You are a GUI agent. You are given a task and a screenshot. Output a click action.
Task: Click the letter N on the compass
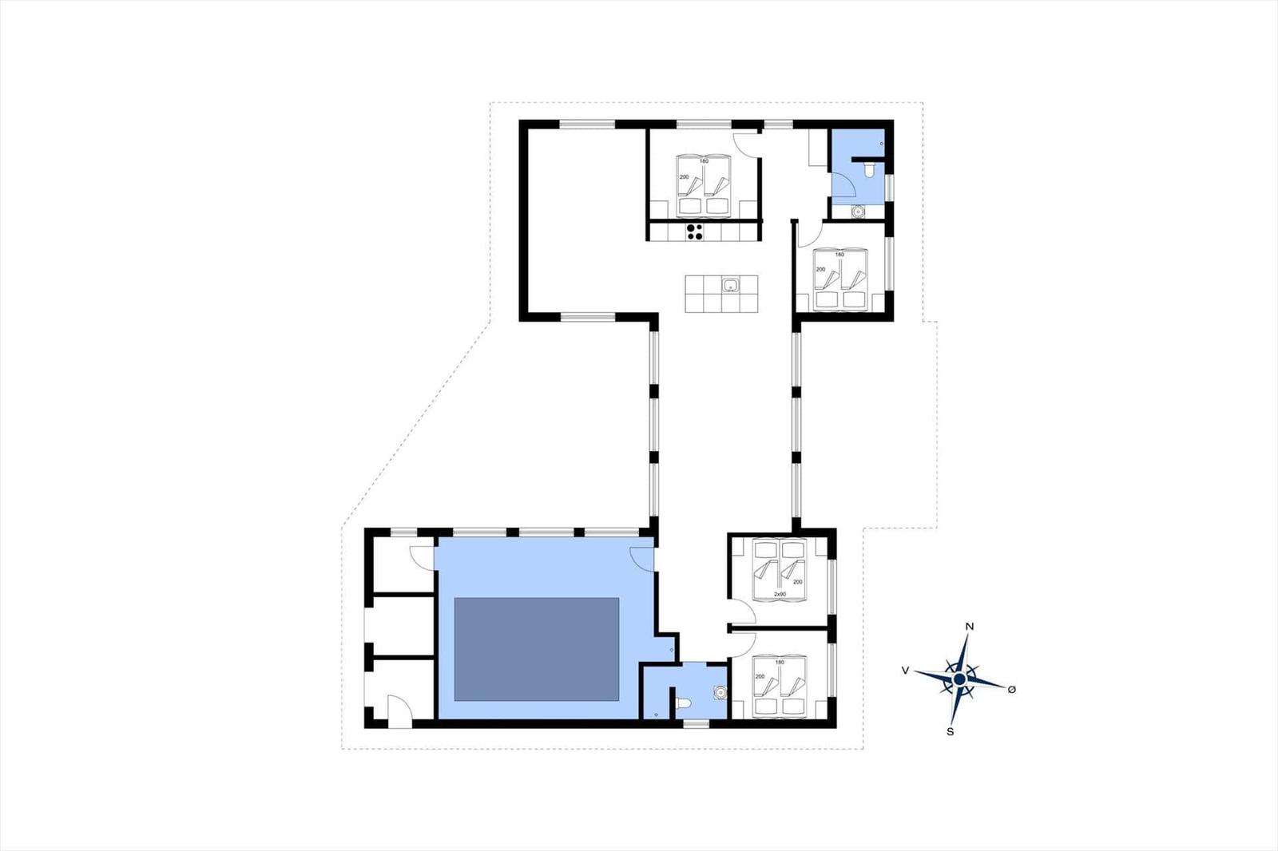coord(970,626)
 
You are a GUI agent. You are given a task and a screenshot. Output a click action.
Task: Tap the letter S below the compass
coord(950,732)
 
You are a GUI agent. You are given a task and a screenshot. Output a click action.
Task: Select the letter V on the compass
coord(905,671)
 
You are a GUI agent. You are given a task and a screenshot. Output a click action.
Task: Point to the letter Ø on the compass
coord(1011,690)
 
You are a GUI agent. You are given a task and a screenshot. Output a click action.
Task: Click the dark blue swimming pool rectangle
coord(536,649)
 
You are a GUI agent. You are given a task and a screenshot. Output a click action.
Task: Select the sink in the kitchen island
coord(731,284)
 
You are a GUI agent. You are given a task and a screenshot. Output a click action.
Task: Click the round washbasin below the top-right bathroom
coord(856,212)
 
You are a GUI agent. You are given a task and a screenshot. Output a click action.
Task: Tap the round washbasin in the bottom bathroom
coord(720,692)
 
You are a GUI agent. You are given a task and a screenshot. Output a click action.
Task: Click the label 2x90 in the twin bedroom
coord(780,594)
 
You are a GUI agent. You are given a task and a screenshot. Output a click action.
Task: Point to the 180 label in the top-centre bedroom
coord(704,160)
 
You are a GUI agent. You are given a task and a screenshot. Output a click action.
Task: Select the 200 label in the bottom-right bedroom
coord(760,676)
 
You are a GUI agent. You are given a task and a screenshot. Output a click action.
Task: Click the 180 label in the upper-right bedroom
coord(839,255)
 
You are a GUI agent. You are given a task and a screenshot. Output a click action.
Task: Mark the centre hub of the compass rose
coord(959,679)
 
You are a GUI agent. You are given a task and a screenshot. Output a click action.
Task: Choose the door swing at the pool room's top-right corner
coord(642,559)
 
